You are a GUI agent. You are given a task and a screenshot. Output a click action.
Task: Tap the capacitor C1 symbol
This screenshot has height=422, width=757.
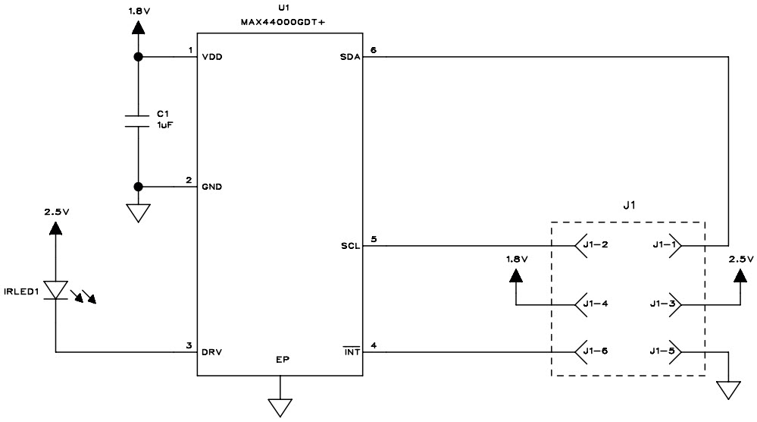click(x=138, y=121)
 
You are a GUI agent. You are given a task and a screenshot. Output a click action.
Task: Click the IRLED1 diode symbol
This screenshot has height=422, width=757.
click(x=56, y=289)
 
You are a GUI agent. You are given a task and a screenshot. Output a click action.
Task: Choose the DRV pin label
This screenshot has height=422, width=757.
click(x=212, y=352)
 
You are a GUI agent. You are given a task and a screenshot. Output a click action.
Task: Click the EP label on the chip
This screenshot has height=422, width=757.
click(x=282, y=359)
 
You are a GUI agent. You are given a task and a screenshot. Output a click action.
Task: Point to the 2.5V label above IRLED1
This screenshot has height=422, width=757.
click(x=56, y=213)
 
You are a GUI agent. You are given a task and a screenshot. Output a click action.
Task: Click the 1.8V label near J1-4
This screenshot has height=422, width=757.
click(x=516, y=259)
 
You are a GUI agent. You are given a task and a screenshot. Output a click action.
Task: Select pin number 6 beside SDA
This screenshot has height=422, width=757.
click(x=373, y=51)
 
